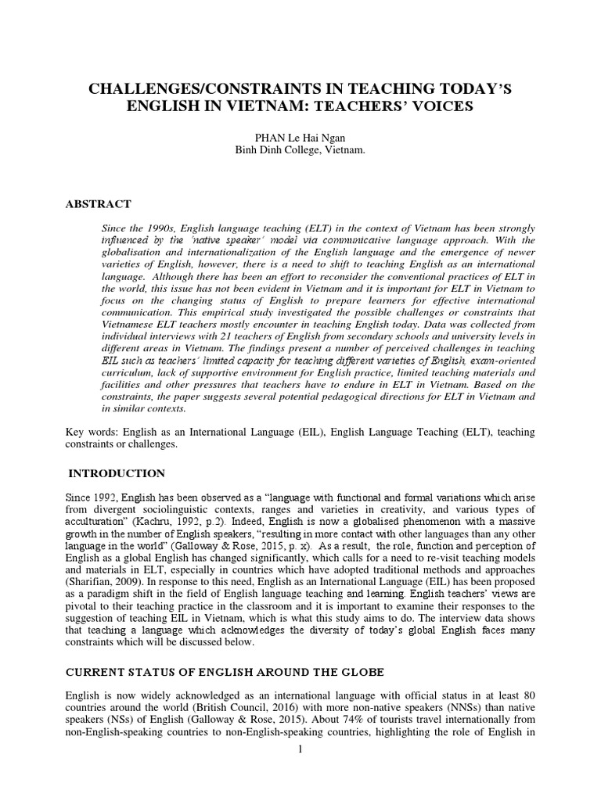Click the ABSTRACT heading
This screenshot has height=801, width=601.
(x=98, y=204)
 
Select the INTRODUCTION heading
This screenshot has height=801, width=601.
(x=117, y=473)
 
